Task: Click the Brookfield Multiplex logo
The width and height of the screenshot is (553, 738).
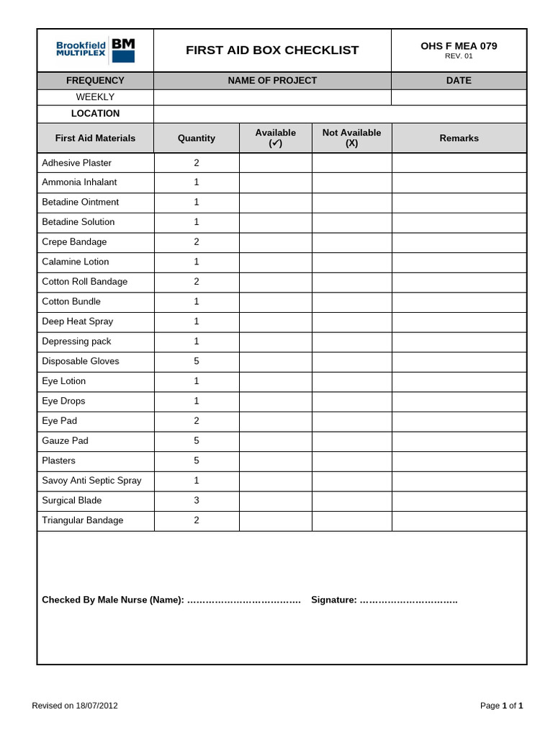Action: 95,50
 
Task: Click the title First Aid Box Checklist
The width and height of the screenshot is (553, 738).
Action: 272,50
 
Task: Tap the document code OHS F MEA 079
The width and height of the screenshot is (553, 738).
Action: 459,46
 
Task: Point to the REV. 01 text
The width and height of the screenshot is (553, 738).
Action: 459,56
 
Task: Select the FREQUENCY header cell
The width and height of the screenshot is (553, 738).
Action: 95,81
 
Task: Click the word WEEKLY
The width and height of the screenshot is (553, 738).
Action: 95,97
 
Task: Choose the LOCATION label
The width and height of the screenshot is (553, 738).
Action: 95,114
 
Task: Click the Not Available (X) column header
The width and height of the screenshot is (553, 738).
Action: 351,138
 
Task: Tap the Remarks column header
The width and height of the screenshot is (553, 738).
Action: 459,138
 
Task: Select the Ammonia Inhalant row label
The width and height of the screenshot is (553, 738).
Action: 79,182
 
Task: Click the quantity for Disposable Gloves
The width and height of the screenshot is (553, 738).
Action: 197,361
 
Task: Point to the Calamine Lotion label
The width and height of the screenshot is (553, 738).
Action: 76,262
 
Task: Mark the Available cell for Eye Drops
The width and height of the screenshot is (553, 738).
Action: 275,401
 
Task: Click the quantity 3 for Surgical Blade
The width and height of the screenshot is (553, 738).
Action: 197,500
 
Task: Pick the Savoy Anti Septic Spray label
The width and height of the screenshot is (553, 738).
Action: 91,481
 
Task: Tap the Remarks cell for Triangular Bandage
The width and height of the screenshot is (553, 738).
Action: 459,520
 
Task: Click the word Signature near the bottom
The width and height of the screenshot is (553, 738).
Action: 333,600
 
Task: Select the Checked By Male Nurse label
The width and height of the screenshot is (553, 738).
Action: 112,600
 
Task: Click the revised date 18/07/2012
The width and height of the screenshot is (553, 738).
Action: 96,706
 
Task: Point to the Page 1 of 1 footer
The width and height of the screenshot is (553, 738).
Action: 501,706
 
